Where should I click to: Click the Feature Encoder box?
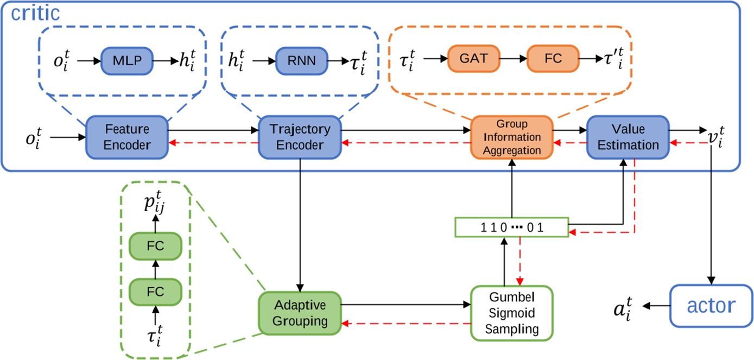[127, 137]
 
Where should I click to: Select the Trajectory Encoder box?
[300, 137]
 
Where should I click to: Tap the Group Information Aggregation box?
[512, 137]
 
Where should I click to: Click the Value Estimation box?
[628, 137]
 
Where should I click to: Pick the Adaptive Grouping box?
[300, 313]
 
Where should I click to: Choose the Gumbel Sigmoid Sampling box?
[512, 313]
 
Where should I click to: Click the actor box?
[712, 306]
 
